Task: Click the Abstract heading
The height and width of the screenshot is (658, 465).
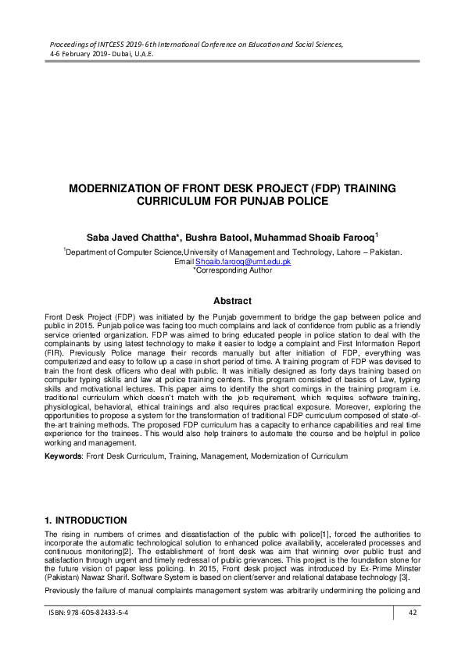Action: (x=233, y=301)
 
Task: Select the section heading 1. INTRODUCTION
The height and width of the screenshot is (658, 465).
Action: (x=85, y=520)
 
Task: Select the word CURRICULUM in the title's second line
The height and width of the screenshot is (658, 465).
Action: (x=180, y=201)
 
